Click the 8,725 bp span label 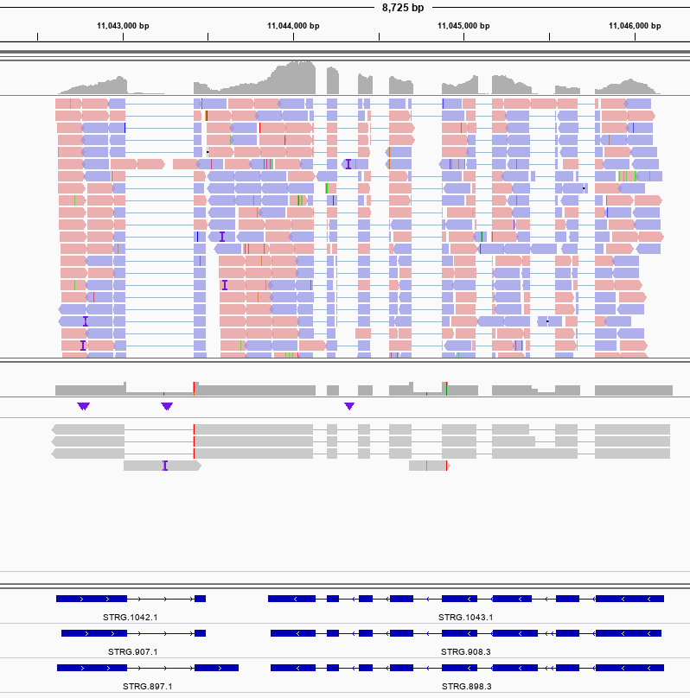coord(403,8)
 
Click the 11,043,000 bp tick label coord(123,26)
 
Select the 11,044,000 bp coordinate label coord(294,26)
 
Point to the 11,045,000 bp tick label coord(464,26)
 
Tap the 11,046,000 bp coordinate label coord(635,26)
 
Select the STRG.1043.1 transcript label coord(466,617)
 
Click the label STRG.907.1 coord(132,651)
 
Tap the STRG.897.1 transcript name coord(147,686)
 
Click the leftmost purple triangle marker coord(83,406)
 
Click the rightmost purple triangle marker coord(349,406)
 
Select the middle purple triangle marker coord(167,406)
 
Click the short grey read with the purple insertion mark coord(162,466)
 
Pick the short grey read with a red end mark coord(429,466)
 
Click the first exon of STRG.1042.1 coord(92,598)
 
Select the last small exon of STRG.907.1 coord(200,633)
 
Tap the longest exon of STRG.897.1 coord(92,668)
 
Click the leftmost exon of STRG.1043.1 coord(291,598)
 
